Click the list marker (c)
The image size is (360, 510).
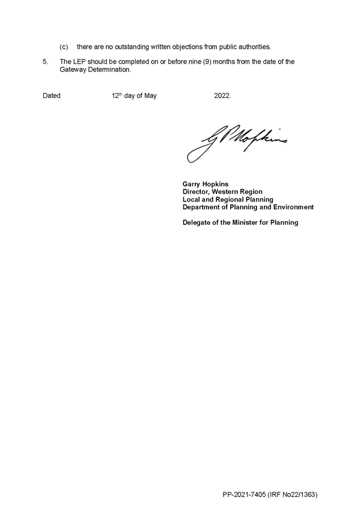tap(64, 47)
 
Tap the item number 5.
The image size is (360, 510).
tap(45, 61)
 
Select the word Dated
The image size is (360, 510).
tap(51, 96)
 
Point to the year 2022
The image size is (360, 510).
tap(222, 96)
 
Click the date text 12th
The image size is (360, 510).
tap(117, 95)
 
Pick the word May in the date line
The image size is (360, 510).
tap(150, 96)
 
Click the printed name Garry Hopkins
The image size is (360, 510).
tap(206, 184)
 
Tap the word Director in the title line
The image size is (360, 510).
tap(196, 192)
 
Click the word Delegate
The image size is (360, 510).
tap(197, 223)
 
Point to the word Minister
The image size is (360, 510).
tap(245, 223)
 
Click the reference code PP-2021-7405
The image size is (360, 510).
tap(244, 495)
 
